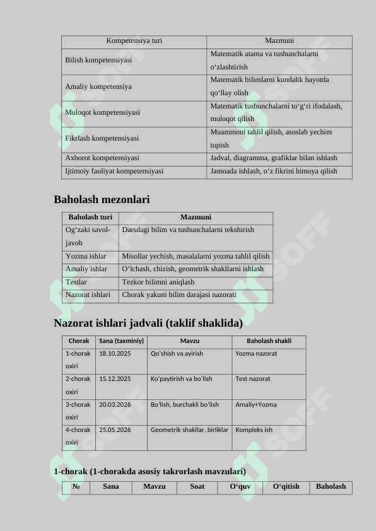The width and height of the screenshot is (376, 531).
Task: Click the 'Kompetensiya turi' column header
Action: pos(134,41)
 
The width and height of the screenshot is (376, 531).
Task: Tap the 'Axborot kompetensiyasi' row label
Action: pos(102,158)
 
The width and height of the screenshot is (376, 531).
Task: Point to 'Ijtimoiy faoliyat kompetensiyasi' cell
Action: pos(114,171)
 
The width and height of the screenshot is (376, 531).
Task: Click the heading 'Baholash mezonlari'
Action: pos(102,200)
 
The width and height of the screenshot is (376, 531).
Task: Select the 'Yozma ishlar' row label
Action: pos(86,256)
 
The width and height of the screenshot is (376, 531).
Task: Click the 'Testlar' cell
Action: pos(76,282)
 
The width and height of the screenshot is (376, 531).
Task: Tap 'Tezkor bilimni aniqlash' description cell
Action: pos(158,282)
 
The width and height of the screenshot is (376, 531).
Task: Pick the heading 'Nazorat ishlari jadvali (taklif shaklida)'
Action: pos(148,324)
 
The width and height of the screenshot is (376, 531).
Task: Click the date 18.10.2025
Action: pos(115,354)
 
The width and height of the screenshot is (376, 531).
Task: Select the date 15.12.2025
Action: pos(115,379)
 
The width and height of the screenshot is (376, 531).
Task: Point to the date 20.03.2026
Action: pos(115,405)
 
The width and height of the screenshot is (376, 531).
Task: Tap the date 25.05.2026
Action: pos(115,430)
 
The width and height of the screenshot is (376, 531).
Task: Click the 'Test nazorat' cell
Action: pos(253,379)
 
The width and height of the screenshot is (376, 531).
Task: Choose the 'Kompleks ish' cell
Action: pos(254,430)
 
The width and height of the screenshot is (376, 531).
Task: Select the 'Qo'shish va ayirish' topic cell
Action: pos(177,354)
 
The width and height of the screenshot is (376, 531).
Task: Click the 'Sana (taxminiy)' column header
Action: pos(122,341)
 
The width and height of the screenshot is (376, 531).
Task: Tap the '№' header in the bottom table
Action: pos(76,487)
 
